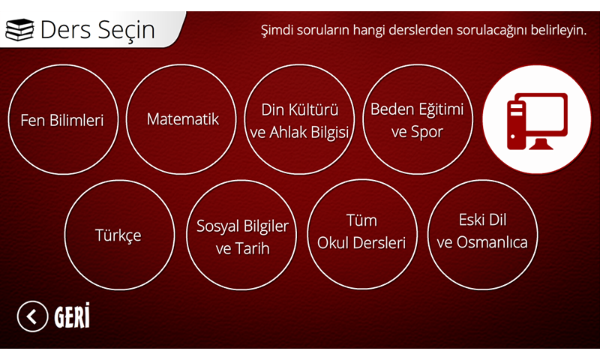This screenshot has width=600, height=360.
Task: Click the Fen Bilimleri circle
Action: (63, 120)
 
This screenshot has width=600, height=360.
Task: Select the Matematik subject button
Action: (181, 119)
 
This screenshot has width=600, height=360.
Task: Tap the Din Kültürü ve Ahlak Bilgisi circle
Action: (299, 119)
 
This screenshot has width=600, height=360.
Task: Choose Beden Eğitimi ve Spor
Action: (418, 119)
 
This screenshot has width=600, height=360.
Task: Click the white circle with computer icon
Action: (537, 119)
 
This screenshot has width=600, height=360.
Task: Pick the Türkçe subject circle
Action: (119, 235)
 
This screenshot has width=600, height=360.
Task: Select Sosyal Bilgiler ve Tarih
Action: (241, 235)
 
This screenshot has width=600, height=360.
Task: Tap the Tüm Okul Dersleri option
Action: (362, 234)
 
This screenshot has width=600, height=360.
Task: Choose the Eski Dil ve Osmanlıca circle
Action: (482, 234)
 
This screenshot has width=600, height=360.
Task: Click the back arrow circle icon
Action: (32, 316)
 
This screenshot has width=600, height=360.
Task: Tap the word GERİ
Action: (72, 316)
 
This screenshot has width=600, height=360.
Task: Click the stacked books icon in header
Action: (19, 30)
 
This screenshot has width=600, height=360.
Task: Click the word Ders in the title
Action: (66, 30)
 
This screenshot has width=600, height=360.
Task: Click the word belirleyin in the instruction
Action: (558, 30)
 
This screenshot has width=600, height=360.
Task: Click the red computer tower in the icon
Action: (516, 126)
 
